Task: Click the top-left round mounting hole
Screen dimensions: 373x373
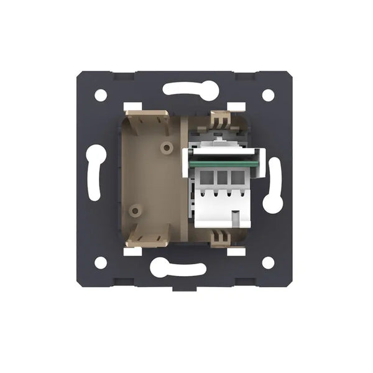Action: point(100,95)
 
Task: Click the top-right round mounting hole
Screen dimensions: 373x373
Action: point(268,95)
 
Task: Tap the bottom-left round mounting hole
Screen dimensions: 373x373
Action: point(100,262)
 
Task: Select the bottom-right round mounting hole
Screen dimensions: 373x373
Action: point(268,262)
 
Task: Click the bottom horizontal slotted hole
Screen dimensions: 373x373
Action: point(178,269)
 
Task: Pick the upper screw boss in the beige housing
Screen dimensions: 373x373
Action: point(166,148)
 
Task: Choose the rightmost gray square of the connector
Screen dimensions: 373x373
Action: point(237,178)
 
